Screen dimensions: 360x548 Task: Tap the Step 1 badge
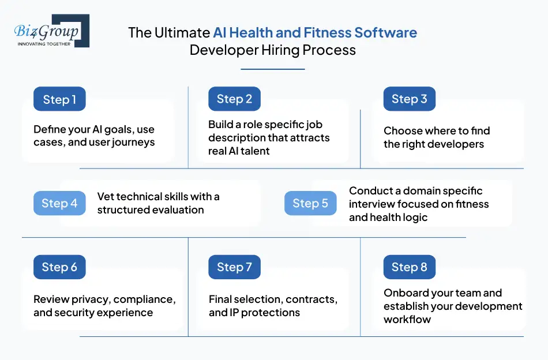click(x=59, y=99)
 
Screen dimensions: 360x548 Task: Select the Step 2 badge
click(x=234, y=99)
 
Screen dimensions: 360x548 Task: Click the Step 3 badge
click(x=409, y=99)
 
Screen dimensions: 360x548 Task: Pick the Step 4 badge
click(x=59, y=203)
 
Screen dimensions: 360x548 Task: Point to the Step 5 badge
click(x=310, y=203)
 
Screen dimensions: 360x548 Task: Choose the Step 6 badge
click(x=59, y=267)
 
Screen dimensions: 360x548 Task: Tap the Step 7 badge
click(x=234, y=267)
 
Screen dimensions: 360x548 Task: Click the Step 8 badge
click(x=409, y=267)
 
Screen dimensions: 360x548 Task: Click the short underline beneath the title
click(x=272, y=69)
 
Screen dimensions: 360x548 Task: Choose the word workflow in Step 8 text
click(x=407, y=319)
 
